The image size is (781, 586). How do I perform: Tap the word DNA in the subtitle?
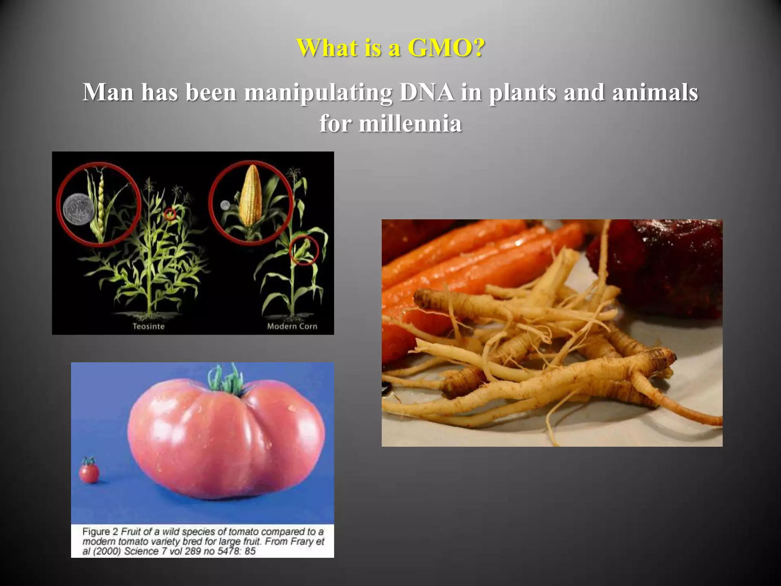427,92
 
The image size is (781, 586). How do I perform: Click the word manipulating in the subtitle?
318,93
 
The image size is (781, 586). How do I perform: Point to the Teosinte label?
148,327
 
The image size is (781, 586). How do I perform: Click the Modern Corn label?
292,327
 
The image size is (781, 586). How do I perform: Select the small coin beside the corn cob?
225,205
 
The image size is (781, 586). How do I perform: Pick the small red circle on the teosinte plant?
170,215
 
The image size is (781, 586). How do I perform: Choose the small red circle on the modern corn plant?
304,250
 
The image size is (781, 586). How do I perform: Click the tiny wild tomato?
89,473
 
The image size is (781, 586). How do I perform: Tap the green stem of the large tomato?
226,380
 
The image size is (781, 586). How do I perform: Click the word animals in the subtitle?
655,92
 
